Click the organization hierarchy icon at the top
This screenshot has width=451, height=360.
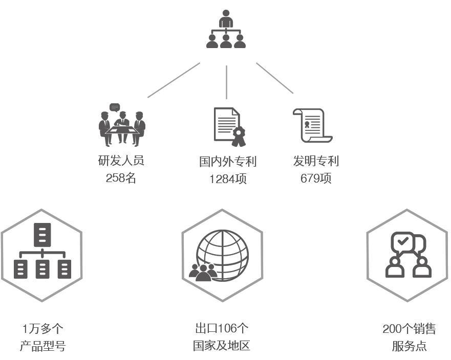pyautogui.click(x=226, y=29)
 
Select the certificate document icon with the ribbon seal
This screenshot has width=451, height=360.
pyautogui.click(x=230, y=127)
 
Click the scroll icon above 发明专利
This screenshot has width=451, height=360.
pyautogui.click(x=313, y=126)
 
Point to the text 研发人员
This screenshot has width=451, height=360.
pyautogui.click(x=121, y=161)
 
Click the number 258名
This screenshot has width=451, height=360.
pyautogui.click(x=121, y=178)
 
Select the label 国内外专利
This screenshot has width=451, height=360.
pyautogui.click(x=228, y=162)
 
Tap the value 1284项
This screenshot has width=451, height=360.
pyautogui.click(x=228, y=179)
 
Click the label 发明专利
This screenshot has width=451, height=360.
pyautogui.click(x=316, y=161)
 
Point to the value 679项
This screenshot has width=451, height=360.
pyautogui.click(x=316, y=178)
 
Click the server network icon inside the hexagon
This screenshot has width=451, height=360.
pyautogui.click(x=42, y=251)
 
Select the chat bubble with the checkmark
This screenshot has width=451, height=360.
pyautogui.click(x=402, y=242)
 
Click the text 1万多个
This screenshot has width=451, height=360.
pyautogui.click(x=42, y=329)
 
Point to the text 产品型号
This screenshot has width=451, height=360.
pyautogui.click(x=42, y=346)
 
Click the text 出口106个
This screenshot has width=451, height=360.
pyautogui.click(x=222, y=328)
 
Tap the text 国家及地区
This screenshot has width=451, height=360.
pyautogui.click(x=222, y=345)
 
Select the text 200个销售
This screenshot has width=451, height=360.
pyautogui.click(x=409, y=329)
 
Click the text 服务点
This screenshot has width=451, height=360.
pyautogui.click(x=409, y=346)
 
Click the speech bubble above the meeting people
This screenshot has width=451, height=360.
pyautogui.click(x=115, y=107)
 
